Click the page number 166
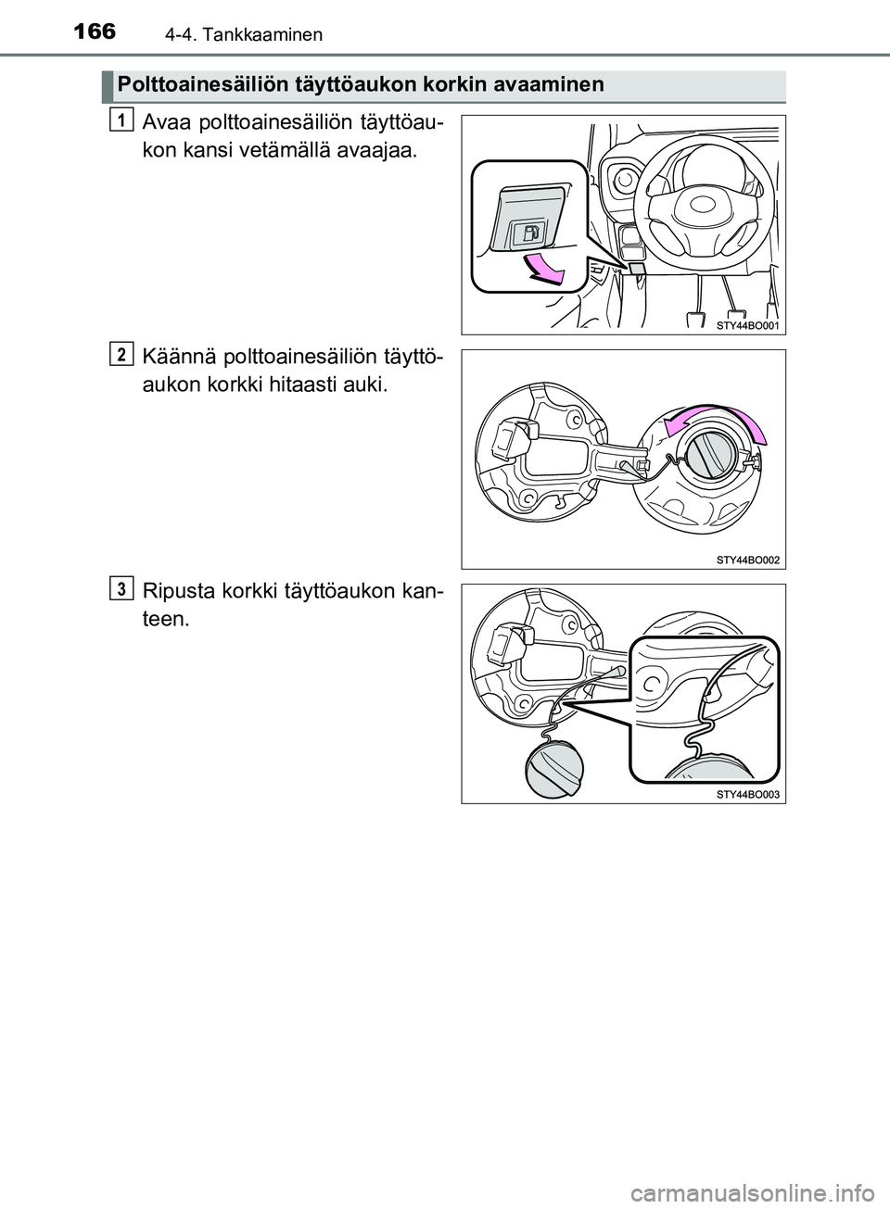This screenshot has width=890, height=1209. click(x=91, y=31)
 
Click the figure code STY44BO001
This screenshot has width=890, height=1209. click(x=747, y=326)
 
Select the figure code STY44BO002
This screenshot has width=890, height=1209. click(x=747, y=560)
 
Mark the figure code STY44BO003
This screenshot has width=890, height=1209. click(x=747, y=794)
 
